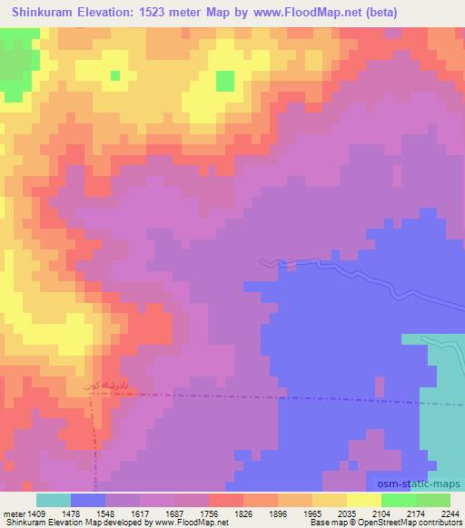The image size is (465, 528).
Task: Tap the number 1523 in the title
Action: pos(158,13)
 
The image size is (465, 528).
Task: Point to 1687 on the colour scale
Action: pos(191,513)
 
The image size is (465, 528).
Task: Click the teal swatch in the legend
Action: pos(54,500)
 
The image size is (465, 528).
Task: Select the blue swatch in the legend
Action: pos(88,500)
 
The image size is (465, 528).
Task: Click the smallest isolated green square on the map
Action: pos(115,76)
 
